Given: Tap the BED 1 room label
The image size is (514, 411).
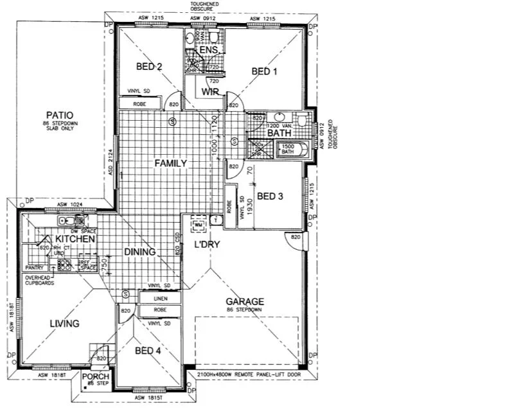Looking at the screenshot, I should pos(264,71).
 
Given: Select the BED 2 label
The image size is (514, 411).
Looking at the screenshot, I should pos(149,66).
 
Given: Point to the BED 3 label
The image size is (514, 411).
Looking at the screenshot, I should pos(269,196).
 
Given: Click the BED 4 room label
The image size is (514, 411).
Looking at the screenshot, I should pos(148,351).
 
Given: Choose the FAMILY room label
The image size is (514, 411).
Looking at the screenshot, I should pos(170,164).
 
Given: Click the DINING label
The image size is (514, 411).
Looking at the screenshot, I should pos(139,252).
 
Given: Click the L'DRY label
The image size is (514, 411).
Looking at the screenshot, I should pos(208,245).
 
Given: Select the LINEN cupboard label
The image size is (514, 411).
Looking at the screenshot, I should pos(161,299).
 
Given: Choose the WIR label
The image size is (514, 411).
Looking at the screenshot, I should pos(211,92).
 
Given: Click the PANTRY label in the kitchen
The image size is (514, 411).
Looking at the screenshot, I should pos(33,267).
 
